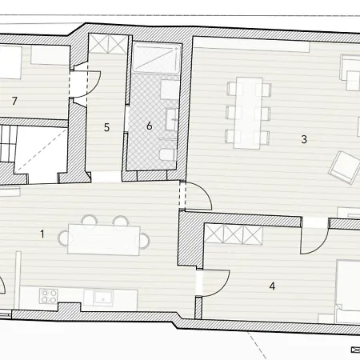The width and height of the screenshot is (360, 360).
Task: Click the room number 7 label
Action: [14, 101]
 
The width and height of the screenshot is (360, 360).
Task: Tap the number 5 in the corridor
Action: [106, 127]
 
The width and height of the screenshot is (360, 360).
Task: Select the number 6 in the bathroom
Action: [150, 126]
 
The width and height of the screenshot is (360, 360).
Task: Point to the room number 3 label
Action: [304, 139]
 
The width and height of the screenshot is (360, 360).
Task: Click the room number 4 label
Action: [272, 286]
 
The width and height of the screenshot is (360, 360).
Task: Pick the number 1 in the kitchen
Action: [42, 234]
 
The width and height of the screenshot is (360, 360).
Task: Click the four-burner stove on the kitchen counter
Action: [49, 296]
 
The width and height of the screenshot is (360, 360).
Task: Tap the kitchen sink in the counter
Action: [102, 298]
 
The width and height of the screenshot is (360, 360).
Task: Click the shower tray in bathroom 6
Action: [157, 58]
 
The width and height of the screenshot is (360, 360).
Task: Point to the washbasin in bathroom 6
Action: [171, 119]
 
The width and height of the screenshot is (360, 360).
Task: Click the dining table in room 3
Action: [248, 113]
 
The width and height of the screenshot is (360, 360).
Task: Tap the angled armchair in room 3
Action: [344, 167]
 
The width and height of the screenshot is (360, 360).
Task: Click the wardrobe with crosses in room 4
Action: [234, 234]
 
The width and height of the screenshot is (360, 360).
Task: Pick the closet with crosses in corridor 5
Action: [108, 43]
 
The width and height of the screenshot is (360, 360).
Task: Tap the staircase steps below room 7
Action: [7, 143]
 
